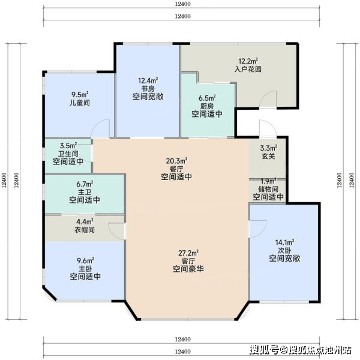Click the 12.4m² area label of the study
pyautogui.click(x=148, y=80)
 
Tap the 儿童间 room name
pyautogui.click(x=80, y=103)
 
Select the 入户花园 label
pyautogui.click(x=248, y=69)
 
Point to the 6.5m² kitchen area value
pyautogui.click(x=207, y=98)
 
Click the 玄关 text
pyautogui.click(x=268, y=156)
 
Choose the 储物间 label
pyautogui.click(x=268, y=189)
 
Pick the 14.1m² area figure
pyautogui.click(x=284, y=242)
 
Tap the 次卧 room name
pyautogui.click(x=284, y=250)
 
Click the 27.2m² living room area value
pyautogui.click(x=188, y=253)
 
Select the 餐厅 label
pyautogui.click(x=176, y=169)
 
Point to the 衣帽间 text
pyautogui.click(x=85, y=230)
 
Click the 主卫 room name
pyautogui.click(x=85, y=192)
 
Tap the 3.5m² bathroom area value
pyautogui.click(x=68, y=145)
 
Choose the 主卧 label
pyautogui.click(x=85, y=269)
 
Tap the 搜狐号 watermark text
pyautogui.click(x=264, y=350)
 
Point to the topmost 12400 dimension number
pyautogui.click(x=182, y=4)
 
